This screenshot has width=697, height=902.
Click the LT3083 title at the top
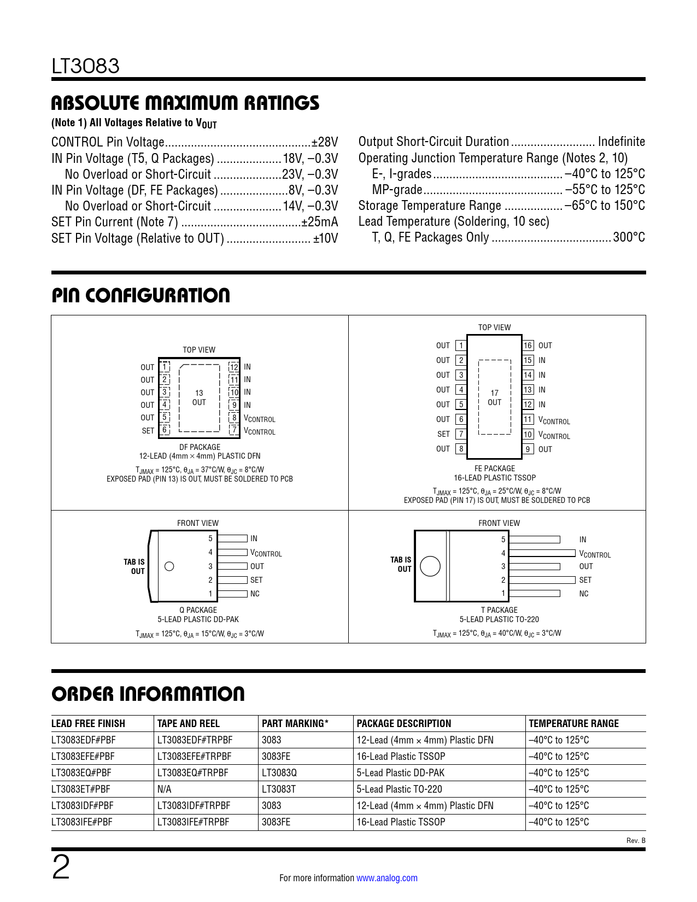(x=85, y=67)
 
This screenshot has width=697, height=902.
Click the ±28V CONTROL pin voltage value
(x=325, y=142)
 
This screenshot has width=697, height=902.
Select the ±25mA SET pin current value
(x=320, y=222)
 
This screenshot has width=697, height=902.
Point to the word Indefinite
(x=622, y=142)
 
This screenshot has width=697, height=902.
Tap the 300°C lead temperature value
(x=629, y=237)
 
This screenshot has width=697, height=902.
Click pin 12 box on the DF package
(x=234, y=367)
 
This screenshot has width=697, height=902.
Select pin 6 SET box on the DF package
(x=165, y=430)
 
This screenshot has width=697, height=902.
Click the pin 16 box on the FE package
(x=528, y=345)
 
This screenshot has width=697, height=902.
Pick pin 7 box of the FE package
(x=461, y=434)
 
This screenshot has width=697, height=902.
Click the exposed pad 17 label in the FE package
(x=494, y=397)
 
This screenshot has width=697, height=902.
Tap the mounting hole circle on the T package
(x=430, y=566)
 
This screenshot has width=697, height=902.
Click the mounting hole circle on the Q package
(x=169, y=566)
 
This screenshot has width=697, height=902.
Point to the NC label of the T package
(x=584, y=594)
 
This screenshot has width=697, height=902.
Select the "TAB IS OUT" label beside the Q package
(x=134, y=566)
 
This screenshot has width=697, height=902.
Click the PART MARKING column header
(x=295, y=723)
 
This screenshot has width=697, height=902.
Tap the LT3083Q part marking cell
(x=279, y=772)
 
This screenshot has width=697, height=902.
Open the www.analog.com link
(x=387, y=878)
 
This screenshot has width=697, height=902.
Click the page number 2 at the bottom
(x=61, y=868)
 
